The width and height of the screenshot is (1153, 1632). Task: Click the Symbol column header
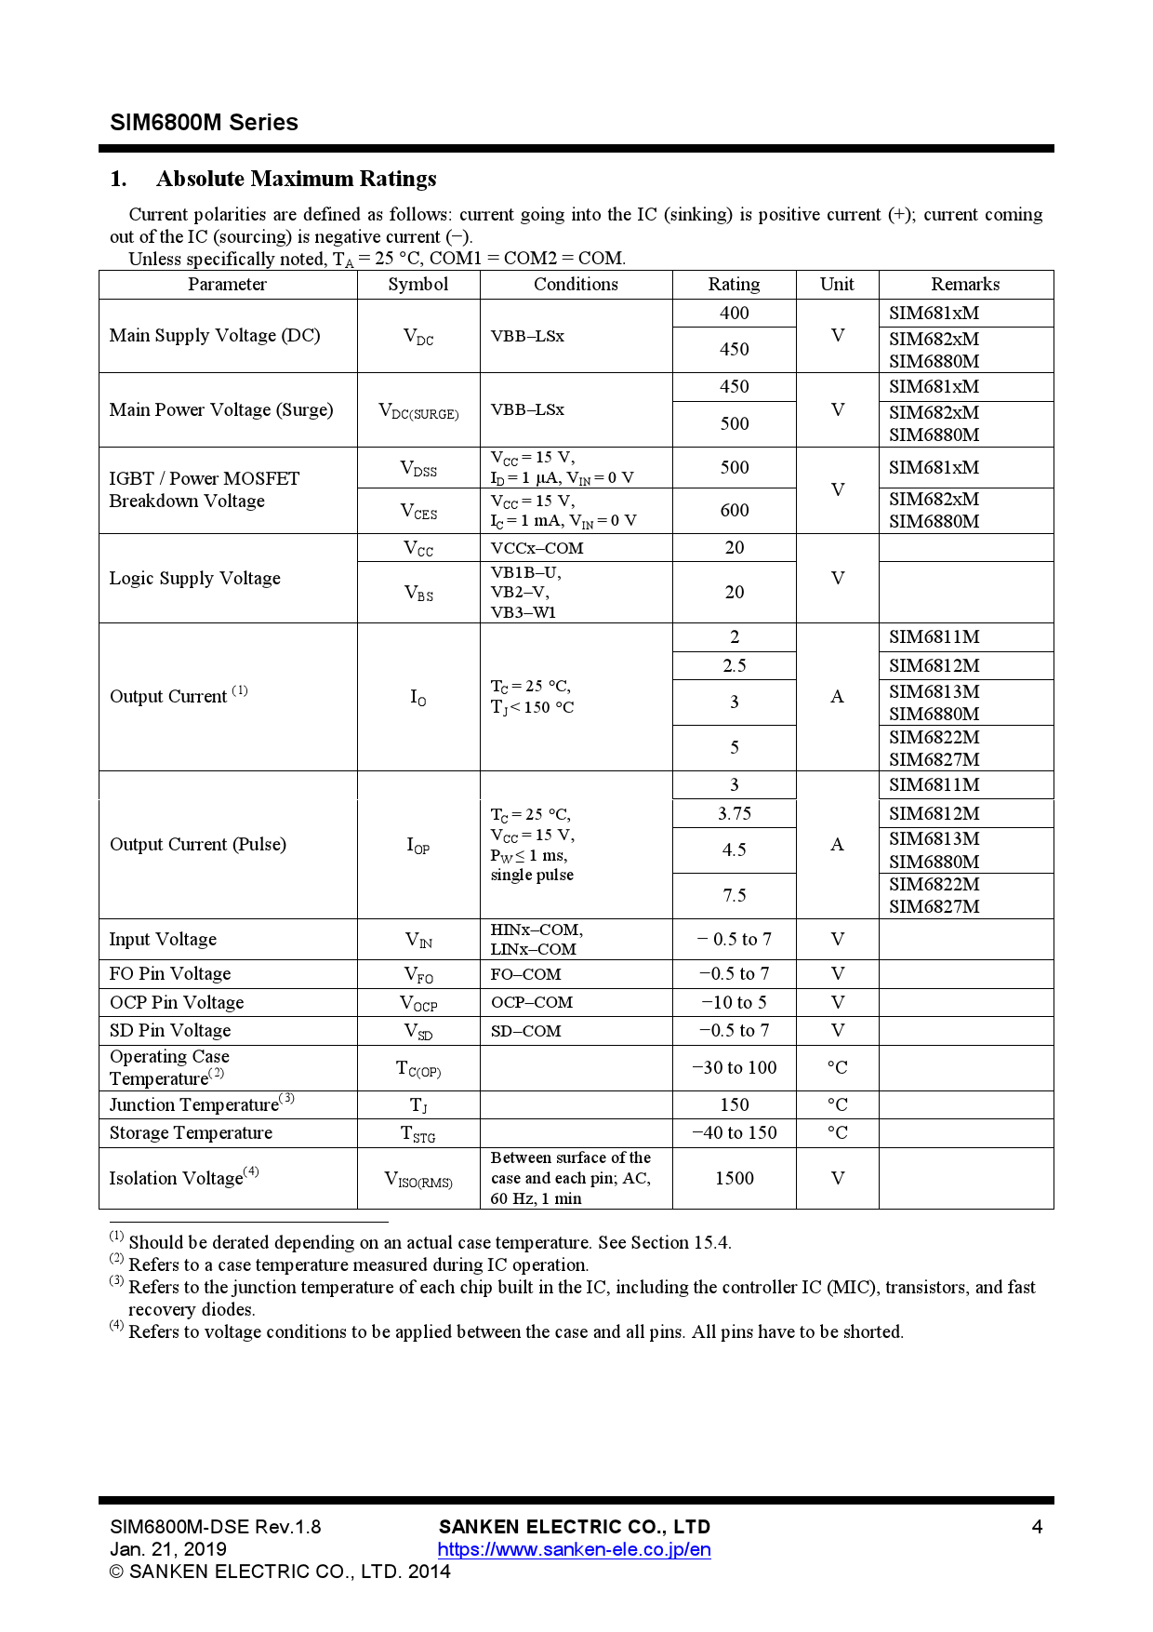417,285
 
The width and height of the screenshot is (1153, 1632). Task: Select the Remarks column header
965,285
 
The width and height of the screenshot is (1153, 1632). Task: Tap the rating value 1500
734,1179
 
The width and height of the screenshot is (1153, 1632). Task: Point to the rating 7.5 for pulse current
734,896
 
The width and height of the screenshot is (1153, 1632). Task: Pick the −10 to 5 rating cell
734,1003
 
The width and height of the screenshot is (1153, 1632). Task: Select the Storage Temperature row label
191,1133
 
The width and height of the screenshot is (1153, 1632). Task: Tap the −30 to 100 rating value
734,1068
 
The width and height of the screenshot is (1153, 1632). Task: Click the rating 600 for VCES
734,511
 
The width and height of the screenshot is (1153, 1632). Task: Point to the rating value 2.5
734,666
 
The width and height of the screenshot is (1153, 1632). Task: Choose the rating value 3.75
734,814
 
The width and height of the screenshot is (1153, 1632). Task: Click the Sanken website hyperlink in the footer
574,1550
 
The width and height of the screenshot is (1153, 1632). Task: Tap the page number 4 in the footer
1037,1527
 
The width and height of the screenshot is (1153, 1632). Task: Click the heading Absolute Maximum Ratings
296,179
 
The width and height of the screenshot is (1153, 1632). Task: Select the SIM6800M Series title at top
204,123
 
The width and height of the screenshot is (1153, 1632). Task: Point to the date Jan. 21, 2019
168,1549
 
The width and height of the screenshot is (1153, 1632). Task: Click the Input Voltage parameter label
163,940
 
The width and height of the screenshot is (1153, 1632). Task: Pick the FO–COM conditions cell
526,975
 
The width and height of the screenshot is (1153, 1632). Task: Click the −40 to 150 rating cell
734,1133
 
